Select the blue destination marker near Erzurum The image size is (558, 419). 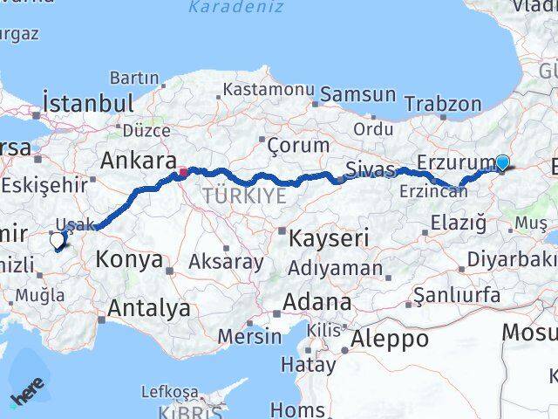[502, 161]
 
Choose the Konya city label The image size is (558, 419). [129, 259]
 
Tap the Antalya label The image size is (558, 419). [148, 307]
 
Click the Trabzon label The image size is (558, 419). [442, 104]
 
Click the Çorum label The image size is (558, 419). [298, 145]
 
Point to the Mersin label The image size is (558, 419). [250, 336]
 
